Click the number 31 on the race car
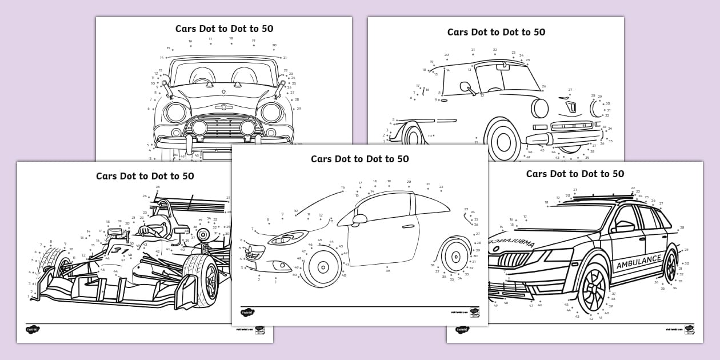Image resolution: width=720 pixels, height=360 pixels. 119,250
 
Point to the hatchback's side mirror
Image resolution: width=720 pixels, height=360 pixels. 359,219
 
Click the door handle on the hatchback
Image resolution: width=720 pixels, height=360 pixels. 408,226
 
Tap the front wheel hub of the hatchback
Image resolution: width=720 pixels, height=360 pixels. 321,266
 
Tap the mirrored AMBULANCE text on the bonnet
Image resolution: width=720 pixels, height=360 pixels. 514,244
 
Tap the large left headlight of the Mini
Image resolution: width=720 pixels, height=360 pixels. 176,112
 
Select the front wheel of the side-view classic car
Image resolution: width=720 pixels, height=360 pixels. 503,141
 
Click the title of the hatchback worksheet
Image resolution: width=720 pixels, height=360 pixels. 359,159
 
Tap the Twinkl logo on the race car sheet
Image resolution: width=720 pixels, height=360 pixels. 33,329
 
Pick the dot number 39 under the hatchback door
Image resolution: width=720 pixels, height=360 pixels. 387,270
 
